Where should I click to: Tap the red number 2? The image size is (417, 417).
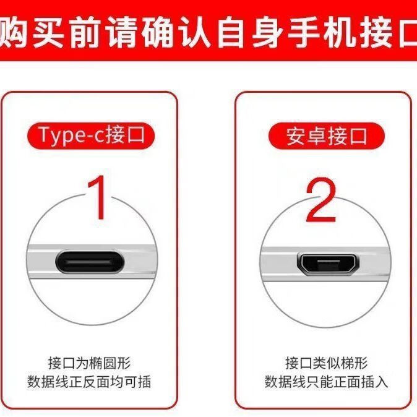pos(321,200)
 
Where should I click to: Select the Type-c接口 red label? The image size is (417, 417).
pos(91,135)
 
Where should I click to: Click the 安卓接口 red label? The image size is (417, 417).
pos(327,136)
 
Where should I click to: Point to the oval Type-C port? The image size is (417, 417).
pos(90,262)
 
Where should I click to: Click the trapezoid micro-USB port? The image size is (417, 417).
pos(328,264)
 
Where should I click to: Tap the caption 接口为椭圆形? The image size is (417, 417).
pos(89,363)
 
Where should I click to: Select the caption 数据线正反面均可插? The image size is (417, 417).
pos(89,382)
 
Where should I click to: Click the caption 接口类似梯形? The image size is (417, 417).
pos(327,363)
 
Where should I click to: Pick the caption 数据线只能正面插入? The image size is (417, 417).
pos(326,382)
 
